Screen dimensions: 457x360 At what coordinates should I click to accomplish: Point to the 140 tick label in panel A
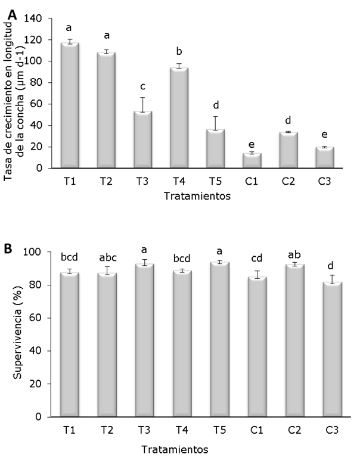click(33, 18)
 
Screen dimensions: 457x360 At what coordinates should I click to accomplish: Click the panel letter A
click(12, 9)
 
